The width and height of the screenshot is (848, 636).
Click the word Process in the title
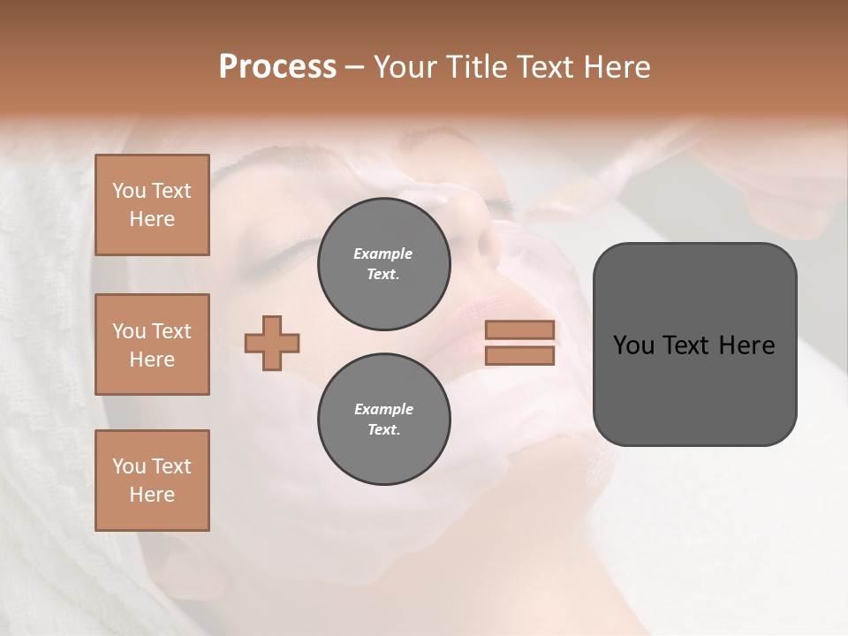pos(277,67)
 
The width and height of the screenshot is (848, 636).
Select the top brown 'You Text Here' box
pos(152,205)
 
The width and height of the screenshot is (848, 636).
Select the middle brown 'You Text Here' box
pos(152,344)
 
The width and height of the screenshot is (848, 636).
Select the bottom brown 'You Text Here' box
pos(152,481)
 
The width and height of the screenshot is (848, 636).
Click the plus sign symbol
pos(272,343)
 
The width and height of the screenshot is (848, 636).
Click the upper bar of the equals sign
pos(520,330)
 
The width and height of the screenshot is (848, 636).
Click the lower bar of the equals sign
pos(520,356)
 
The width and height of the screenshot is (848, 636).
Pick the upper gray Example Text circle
pos(383,264)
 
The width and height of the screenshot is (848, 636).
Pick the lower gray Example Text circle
pos(383,420)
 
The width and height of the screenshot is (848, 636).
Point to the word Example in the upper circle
pos(383,254)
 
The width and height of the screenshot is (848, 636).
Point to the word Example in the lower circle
pos(383,409)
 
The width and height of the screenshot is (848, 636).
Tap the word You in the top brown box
pos(129,191)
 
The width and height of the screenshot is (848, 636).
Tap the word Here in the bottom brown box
pos(152,495)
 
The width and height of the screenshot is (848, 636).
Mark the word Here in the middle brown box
pos(152,360)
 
